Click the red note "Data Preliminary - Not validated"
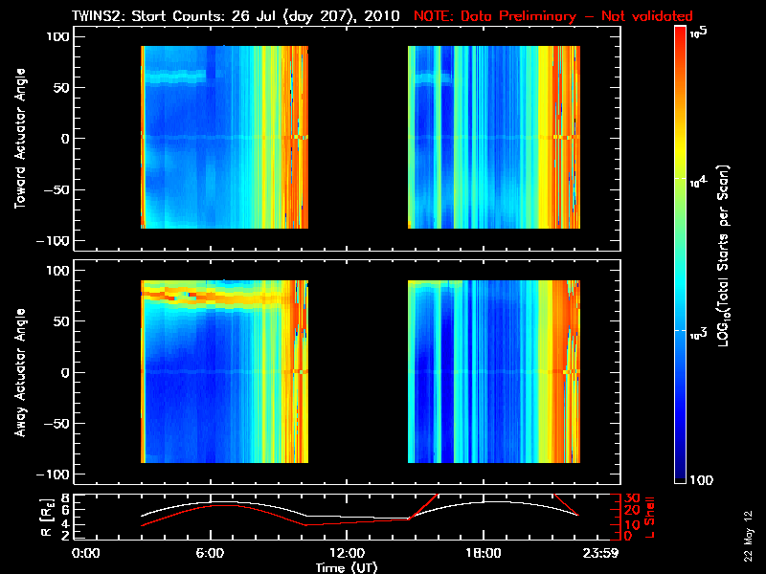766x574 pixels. click(x=553, y=16)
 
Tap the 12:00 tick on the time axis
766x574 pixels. click(x=347, y=554)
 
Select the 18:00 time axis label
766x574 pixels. click(x=483, y=554)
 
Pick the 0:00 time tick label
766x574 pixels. click(x=86, y=554)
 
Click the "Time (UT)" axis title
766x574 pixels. click(x=349, y=566)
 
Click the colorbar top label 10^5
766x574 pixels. click(x=698, y=33)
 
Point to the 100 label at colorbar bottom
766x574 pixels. click(x=701, y=478)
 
